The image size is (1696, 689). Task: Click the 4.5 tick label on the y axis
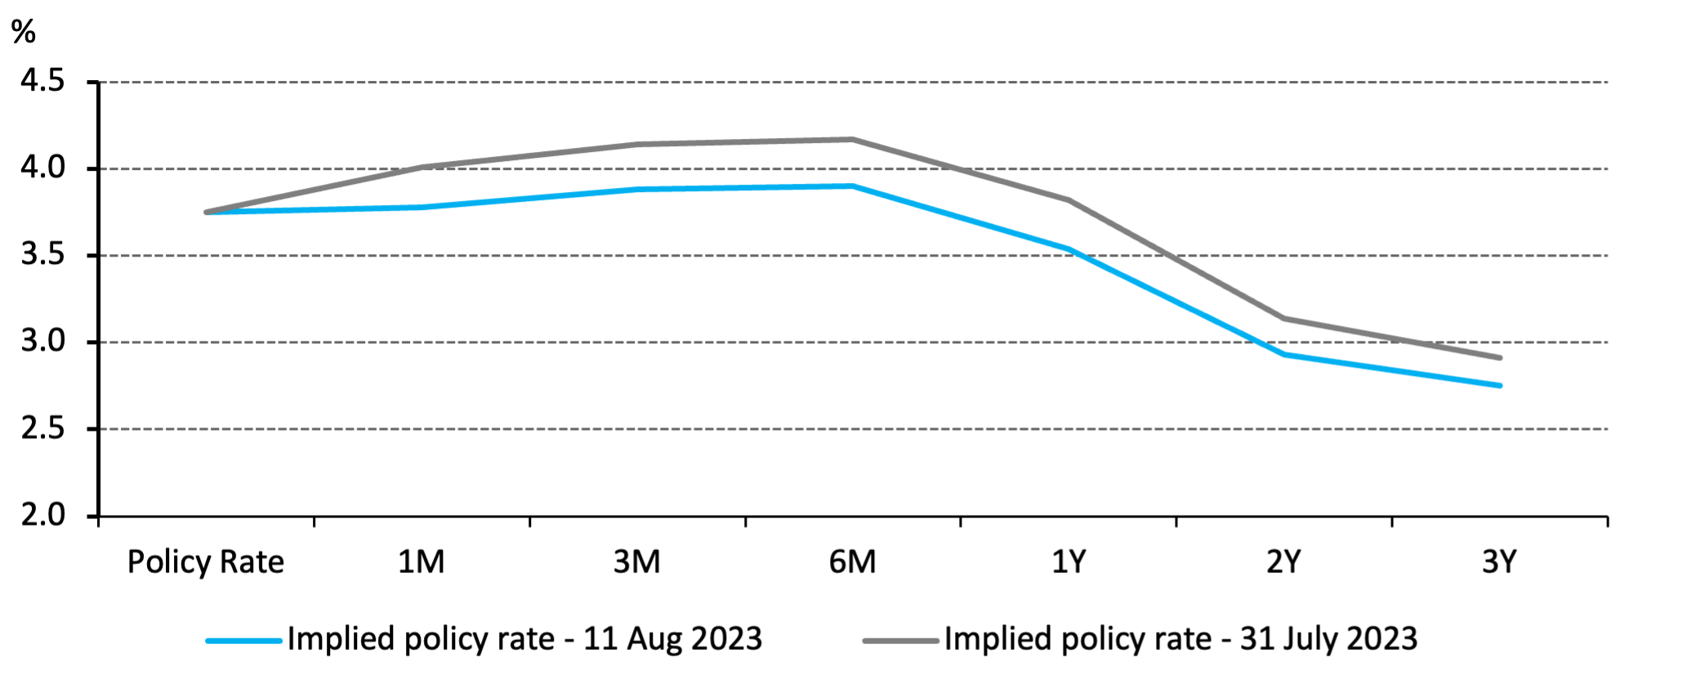coord(42,81)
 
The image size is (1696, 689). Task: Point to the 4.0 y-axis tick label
coord(42,168)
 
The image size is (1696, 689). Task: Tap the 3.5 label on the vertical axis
coord(42,255)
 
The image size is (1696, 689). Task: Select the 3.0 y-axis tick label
coord(42,341)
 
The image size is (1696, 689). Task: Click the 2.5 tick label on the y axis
coord(42,428)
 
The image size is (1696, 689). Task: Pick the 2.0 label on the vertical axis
coord(42,515)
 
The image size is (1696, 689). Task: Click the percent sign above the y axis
coord(24,32)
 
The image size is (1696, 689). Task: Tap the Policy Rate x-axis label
coord(205,562)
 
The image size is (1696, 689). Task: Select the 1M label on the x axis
coord(421,562)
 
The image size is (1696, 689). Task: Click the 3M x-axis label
coord(636,562)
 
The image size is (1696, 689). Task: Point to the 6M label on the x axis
coord(852,562)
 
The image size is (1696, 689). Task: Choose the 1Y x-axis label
coord(1068,562)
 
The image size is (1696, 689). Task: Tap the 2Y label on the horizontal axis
coord(1283,562)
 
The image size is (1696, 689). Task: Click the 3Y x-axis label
coord(1499,562)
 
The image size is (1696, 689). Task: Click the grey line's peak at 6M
coord(852,140)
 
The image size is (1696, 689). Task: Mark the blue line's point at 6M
coord(852,186)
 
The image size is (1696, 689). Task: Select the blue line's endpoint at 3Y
coord(1499,385)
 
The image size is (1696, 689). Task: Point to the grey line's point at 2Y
coord(1283,318)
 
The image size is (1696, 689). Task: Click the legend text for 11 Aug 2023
coord(524,639)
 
